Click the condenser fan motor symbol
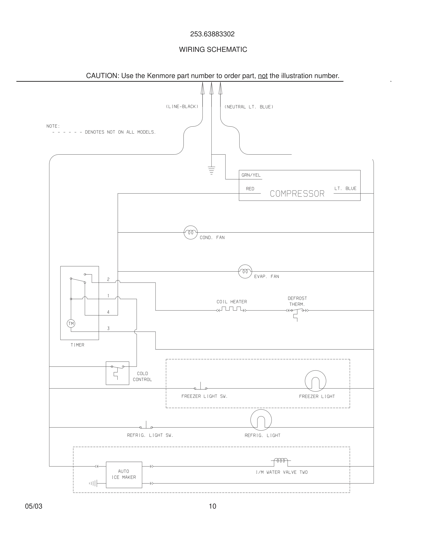click(x=191, y=232)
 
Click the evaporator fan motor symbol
click(x=245, y=272)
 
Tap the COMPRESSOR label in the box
click(x=297, y=194)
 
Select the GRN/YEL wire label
click(x=251, y=175)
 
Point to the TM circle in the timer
click(x=71, y=324)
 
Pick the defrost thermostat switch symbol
click(x=297, y=312)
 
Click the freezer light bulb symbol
click(x=316, y=381)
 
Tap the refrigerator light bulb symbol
click(x=261, y=420)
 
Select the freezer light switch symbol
click(x=201, y=387)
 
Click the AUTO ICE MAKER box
click(x=124, y=475)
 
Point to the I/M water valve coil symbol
click(x=281, y=461)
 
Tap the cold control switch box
click(x=117, y=373)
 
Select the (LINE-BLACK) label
click(x=182, y=106)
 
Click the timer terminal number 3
click(x=108, y=328)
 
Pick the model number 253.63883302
click(x=212, y=34)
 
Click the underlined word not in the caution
click(x=262, y=76)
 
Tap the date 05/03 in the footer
click(x=34, y=506)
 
